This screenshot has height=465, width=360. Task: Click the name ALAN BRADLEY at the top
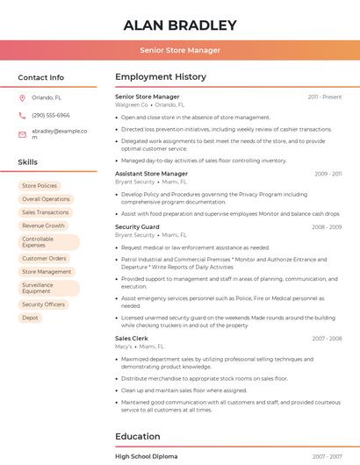click(180, 25)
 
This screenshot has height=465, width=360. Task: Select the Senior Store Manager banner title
click(180, 50)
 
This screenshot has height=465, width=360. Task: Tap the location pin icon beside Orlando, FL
click(22, 98)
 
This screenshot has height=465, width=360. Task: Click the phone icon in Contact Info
click(22, 115)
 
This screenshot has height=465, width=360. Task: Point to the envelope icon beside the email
click(22, 133)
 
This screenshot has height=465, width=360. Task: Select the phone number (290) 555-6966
click(51, 115)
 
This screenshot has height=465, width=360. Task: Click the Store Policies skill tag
click(40, 186)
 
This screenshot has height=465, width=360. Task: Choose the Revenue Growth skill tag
click(43, 225)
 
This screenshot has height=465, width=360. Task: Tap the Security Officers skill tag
click(43, 304)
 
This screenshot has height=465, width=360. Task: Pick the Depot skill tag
click(30, 318)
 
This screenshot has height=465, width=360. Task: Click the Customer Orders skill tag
click(44, 259)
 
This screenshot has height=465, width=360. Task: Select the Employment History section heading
click(161, 77)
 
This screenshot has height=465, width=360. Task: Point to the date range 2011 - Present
click(325, 97)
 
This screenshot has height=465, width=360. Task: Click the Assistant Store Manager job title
click(151, 174)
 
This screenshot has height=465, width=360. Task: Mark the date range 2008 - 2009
click(327, 227)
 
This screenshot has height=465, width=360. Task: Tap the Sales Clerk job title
click(132, 338)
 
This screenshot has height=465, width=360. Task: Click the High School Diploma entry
click(146, 456)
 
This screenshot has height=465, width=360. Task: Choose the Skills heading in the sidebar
click(28, 162)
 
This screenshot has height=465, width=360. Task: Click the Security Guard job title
click(137, 226)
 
